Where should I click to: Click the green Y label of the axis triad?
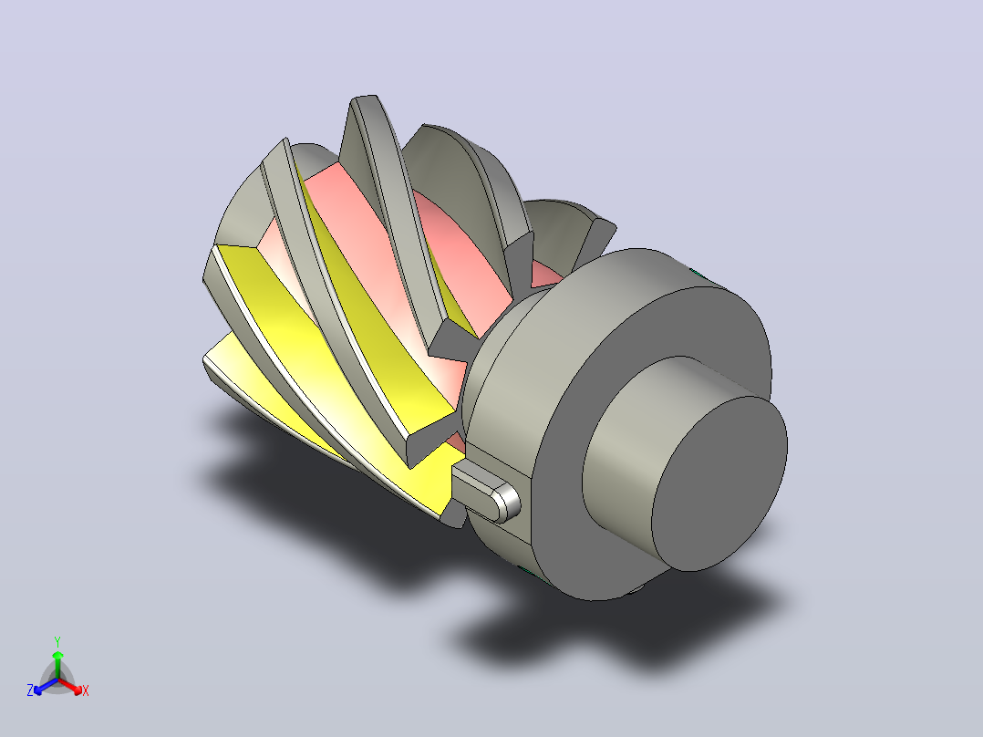coord(57,641)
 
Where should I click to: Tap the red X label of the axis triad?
coord(86,690)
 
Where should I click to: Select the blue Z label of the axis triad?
coord(30,690)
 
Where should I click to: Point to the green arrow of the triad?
coord(57,664)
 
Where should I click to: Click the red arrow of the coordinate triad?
coord(70,685)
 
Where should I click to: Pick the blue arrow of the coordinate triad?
coord(46,686)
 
